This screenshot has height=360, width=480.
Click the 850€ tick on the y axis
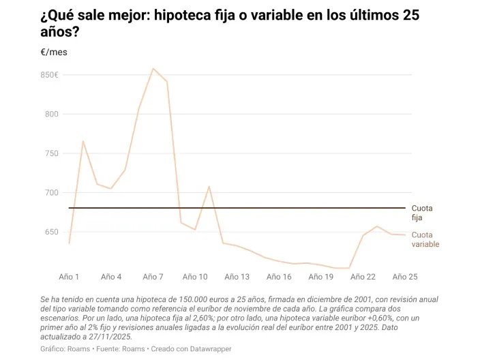[49, 75]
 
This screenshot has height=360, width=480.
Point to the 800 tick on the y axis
[52, 114]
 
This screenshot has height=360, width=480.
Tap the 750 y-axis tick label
[52, 153]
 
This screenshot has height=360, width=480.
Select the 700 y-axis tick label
[52, 192]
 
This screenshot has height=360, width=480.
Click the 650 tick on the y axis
[52, 232]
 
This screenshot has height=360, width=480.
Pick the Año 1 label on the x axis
[69, 277]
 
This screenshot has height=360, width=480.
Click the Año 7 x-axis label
[153, 277]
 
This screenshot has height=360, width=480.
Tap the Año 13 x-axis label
[237, 277]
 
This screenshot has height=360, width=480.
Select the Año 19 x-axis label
[320, 277]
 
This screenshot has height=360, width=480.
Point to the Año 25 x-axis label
[404, 277]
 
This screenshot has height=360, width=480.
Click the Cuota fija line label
[422, 213]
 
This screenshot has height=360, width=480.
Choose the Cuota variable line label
[425, 239]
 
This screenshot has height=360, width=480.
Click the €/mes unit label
[54, 52]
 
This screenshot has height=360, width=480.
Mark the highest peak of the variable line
[153, 68]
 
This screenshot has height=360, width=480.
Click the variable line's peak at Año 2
[83, 141]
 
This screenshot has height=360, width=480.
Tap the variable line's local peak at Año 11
[209, 186]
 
